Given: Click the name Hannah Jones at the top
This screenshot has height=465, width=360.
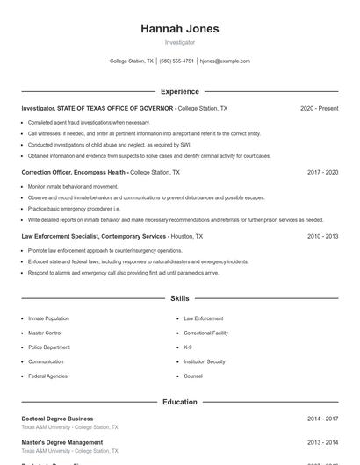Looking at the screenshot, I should (180, 29).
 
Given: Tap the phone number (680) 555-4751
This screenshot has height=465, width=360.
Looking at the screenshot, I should (176, 61).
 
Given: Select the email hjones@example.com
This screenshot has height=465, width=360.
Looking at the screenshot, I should (225, 61).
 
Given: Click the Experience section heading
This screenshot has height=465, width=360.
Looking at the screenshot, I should (180, 91).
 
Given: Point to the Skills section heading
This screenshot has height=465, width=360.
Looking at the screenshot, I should (180, 299).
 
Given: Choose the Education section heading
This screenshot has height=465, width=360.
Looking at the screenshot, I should (180, 402).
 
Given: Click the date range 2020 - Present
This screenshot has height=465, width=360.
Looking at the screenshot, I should (319, 108).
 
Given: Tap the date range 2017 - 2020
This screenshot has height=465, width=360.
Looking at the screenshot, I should (322, 173).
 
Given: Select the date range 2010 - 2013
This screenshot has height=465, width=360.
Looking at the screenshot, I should (322, 237).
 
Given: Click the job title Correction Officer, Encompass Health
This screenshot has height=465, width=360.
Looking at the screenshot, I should (74, 173).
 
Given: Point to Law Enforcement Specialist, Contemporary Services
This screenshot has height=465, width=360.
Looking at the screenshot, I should (94, 237).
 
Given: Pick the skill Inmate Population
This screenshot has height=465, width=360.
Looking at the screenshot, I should (48, 318).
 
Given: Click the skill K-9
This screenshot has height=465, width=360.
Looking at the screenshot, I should (188, 347).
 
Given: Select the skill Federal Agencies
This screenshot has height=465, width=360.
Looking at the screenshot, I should (47, 376).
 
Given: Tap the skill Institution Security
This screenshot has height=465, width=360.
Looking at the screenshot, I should (205, 361).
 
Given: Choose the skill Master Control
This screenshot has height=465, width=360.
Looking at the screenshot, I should (45, 333).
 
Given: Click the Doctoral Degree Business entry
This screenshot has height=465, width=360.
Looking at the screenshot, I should (57, 418).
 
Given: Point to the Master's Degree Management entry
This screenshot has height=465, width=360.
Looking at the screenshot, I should (61, 442).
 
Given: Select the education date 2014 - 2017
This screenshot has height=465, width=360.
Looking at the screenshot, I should (322, 418).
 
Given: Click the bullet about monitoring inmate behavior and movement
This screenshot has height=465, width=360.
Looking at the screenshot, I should (73, 187).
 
